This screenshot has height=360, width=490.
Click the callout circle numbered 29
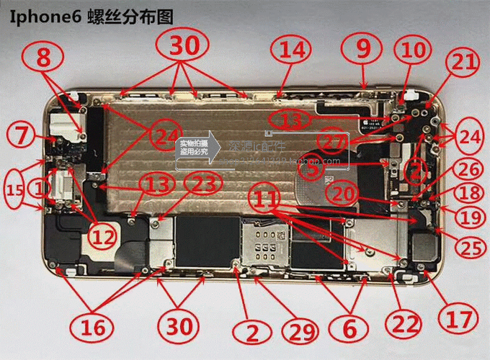(x=302, y=332)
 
